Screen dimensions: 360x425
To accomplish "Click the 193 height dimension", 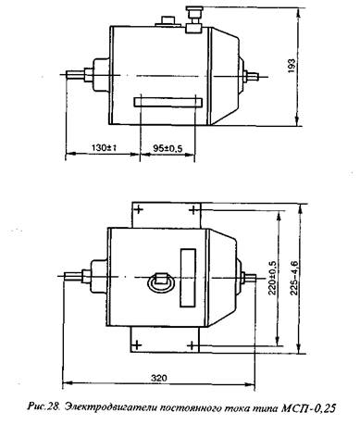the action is tap(292, 66).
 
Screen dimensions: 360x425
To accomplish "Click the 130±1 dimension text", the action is tap(104, 147).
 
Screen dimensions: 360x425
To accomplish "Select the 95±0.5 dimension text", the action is tap(168, 148).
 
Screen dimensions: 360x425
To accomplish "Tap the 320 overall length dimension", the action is tap(159, 378).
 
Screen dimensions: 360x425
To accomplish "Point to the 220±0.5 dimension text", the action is tap(272, 278).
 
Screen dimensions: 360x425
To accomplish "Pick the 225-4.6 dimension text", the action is tap(293, 278).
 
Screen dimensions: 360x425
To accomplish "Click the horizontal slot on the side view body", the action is tap(168, 103).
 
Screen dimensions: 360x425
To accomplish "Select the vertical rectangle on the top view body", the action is tap(188, 278).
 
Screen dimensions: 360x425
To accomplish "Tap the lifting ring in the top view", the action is tap(161, 281).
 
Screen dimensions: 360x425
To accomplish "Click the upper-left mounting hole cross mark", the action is tap(139, 210).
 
